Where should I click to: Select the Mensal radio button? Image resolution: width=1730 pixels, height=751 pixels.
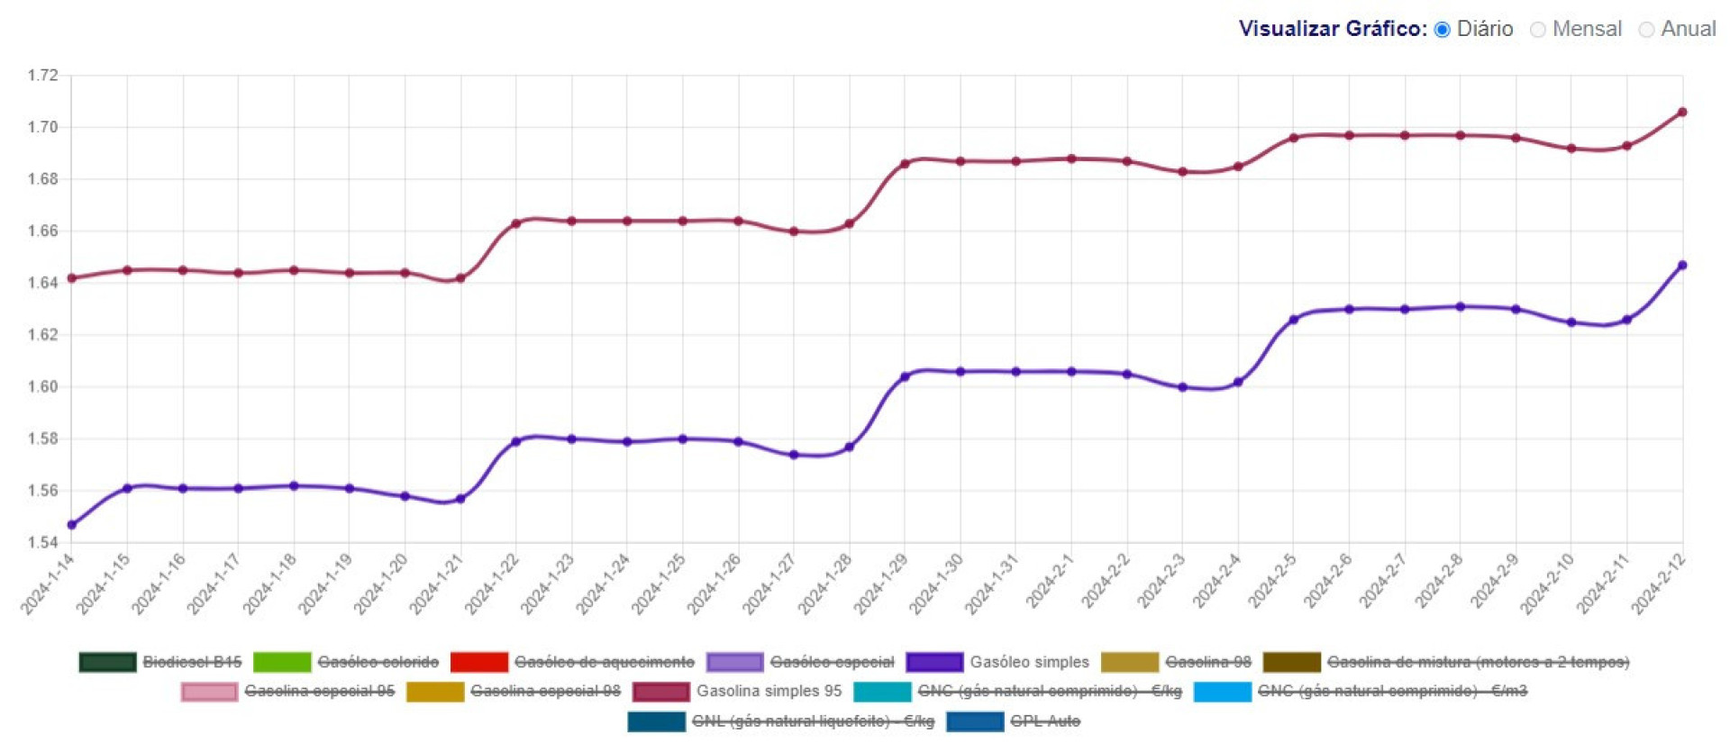point(1538,30)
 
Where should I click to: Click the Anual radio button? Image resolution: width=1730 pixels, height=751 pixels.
point(1646,30)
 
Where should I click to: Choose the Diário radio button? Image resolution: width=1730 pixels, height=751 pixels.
point(1443,30)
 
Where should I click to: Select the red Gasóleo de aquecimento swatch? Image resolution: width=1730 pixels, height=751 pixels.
point(478,662)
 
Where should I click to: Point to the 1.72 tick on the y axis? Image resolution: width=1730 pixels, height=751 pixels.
point(42,75)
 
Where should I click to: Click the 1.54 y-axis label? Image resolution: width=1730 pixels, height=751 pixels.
point(42,542)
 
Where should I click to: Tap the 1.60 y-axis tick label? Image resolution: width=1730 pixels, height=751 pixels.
point(42,386)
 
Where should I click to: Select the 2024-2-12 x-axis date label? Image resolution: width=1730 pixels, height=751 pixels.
point(1660,584)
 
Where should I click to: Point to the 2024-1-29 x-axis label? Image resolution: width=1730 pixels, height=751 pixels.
point(882,584)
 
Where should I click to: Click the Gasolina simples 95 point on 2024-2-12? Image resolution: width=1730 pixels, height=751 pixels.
point(1682,113)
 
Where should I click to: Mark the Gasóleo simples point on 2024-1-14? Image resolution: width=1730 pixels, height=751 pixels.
point(72,525)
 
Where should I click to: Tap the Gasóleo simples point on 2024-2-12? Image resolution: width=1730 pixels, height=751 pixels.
point(1682,266)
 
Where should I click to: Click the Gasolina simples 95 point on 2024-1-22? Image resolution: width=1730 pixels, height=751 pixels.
point(516,223)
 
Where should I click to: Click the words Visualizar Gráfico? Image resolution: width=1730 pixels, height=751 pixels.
point(1332,29)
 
